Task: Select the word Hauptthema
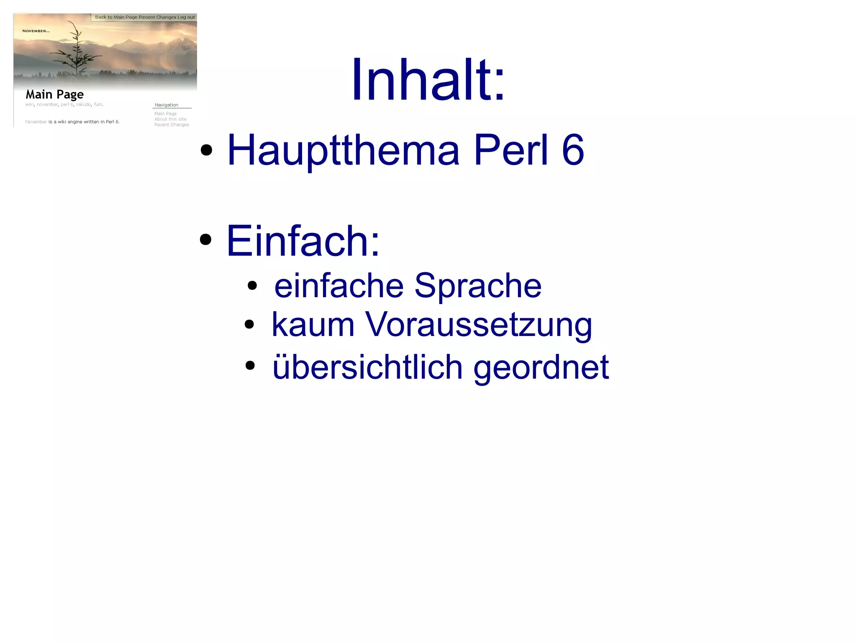point(343,150)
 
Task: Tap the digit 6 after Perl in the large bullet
point(572,150)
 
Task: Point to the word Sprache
point(478,286)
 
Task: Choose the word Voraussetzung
point(479,325)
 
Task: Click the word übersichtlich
point(367,367)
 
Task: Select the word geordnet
point(541,367)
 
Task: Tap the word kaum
point(313,325)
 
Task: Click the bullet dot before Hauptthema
point(206,150)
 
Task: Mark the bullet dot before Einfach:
point(205,240)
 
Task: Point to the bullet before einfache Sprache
point(252,286)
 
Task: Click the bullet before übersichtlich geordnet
point(250,365)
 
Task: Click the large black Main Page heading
point(55,95)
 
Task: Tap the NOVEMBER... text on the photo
point(36,31)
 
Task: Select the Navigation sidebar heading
point(167,105)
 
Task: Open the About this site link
point(170,119)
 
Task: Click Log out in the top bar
point(186,17)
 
